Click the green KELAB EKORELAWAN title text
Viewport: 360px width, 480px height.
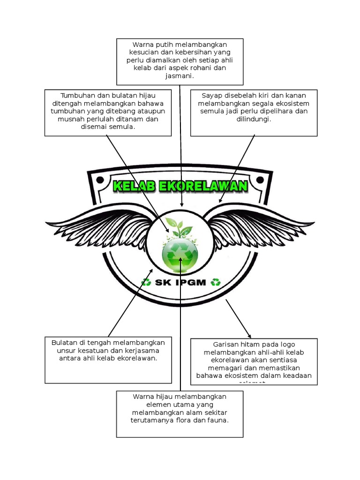click(180, 186)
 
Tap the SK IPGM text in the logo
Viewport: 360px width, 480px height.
click(180, 283)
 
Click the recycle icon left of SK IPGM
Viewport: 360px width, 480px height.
click(146, 282)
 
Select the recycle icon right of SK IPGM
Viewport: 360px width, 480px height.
click(216, 282)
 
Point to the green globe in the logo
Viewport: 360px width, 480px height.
click(180, 254)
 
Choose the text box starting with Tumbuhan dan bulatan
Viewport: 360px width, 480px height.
click(108, 112)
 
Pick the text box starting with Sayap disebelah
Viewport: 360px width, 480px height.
click(254, 112)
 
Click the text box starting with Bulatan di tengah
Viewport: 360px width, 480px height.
click(108, 360)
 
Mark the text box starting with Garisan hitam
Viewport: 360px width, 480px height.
click(254, 361)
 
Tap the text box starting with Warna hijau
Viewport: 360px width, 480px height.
click(180, 414)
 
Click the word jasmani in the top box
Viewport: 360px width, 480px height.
click(180, 75)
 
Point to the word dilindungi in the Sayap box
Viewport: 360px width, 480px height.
click(254, 119)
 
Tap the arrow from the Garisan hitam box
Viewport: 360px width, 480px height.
click(238, 319)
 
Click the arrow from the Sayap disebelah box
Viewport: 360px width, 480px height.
click(237, 169)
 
